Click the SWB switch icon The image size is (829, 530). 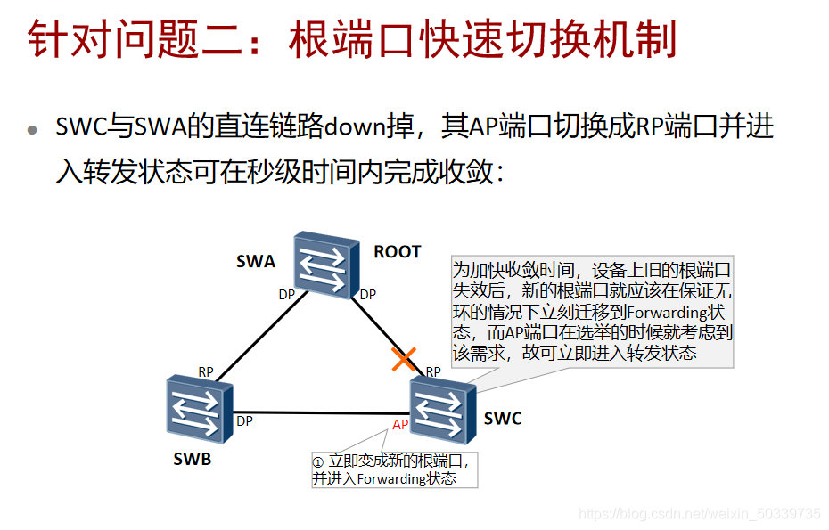coord(198,409)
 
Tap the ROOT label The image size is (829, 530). coord(397,252)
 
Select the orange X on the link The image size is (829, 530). coord(405,359)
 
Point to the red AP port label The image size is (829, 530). coord(400,425)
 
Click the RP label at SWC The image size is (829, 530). coord(434,371)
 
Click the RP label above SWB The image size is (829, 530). coord(206,371)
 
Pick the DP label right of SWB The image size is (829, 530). coord(244,421)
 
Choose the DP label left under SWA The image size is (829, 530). coord(286,295)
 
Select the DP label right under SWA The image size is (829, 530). coord(367,295)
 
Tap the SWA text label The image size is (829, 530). coord(256,261)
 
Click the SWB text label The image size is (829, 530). coord(193,460)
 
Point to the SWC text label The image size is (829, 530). coord(503,419)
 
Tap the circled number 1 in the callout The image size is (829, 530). coord(318,462)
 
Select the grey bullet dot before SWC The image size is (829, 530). coord(33,129)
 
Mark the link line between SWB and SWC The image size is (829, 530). coord(321,412)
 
